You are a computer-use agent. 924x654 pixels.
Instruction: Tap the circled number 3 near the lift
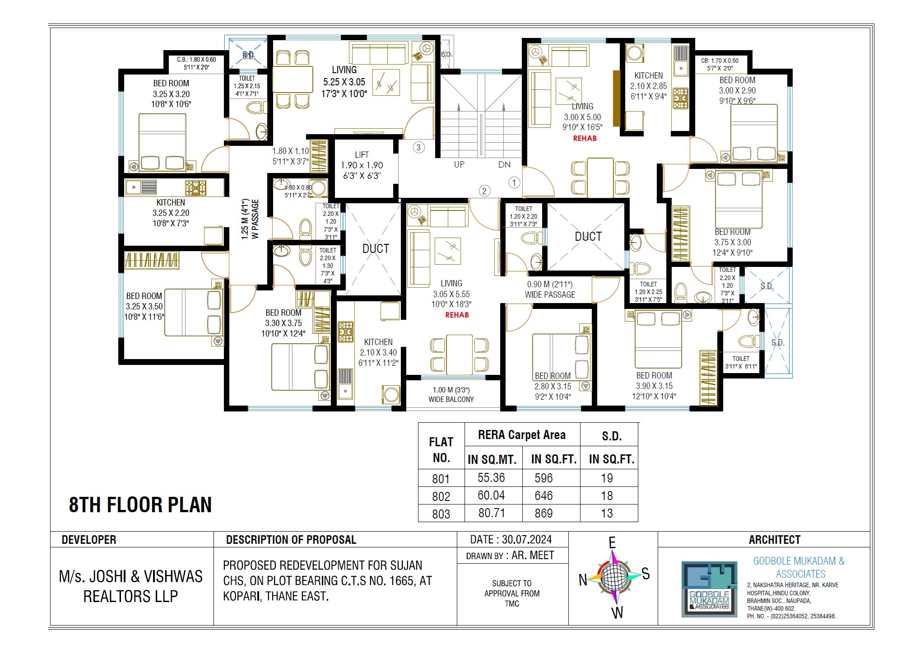(418, 147)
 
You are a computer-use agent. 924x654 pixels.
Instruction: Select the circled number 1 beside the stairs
(514, 182)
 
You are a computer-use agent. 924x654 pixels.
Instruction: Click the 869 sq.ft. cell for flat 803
(543, 514)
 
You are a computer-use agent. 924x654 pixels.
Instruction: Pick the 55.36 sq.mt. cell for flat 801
(491, 478)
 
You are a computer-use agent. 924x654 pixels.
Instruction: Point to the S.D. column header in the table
(612, 436)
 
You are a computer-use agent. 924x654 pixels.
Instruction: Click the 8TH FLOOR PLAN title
(140, 505)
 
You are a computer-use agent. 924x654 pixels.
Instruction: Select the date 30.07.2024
(526, 540)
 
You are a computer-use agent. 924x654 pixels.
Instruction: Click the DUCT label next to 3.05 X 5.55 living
(376, 249)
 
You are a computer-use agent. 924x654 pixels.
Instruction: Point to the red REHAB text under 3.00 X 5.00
(585, 139)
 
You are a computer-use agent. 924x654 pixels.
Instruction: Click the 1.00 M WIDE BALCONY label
(451, 395)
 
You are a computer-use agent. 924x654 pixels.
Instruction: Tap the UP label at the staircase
(459, 165)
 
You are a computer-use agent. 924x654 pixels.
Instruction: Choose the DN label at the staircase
(504, 165)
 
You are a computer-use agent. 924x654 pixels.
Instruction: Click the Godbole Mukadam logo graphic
(709, 589)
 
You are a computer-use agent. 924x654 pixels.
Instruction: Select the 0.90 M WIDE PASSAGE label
(550, 290)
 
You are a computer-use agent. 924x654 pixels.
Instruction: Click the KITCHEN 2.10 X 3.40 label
(378, 352)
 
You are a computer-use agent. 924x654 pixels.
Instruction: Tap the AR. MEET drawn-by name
(533, 556)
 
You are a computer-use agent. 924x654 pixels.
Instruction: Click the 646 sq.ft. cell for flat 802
(543, 496)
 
